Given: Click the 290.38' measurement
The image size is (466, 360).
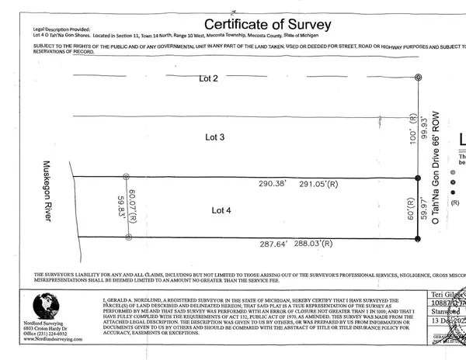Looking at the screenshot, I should pyautogui.click(x=272, y=184).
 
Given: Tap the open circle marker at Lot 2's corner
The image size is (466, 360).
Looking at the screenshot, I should pyautogui.click(x=419, y=78).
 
